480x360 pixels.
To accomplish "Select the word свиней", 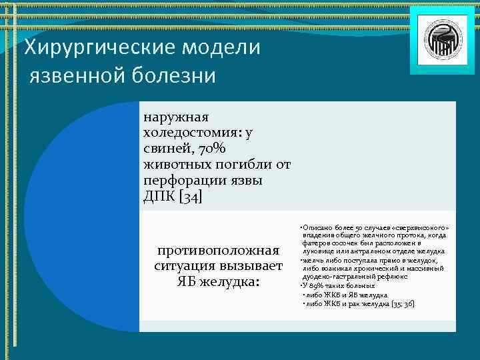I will (x=166, y=149).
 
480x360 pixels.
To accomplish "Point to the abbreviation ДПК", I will (x=159, y=197).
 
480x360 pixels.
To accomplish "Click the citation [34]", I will (x=190, y=197).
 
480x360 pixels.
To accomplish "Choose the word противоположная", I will (x=217, y=251).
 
